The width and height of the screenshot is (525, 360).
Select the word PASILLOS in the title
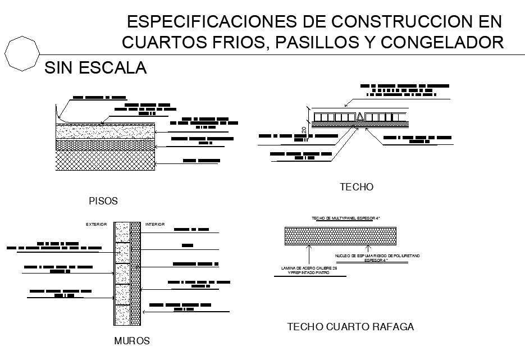point(311,42)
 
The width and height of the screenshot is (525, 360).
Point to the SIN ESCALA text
point(95,68)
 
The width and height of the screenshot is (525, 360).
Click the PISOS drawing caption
point(103,200)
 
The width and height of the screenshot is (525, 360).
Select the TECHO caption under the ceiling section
point(357,187)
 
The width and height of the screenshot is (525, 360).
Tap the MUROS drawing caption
point(132,341)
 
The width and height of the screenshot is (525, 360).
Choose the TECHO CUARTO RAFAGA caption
point(350,326)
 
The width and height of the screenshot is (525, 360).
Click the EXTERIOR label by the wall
point(96,225)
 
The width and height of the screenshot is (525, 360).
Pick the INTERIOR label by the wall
point(155,225)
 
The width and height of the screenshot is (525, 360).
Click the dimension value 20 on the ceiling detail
point(304,130)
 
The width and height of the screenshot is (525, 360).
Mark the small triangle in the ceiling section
point(360,117)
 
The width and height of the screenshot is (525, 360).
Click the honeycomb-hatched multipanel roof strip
point(340,235)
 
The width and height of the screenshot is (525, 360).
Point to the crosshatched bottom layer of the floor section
point(105,161)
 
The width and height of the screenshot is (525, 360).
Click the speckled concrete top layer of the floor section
point(105,131)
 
